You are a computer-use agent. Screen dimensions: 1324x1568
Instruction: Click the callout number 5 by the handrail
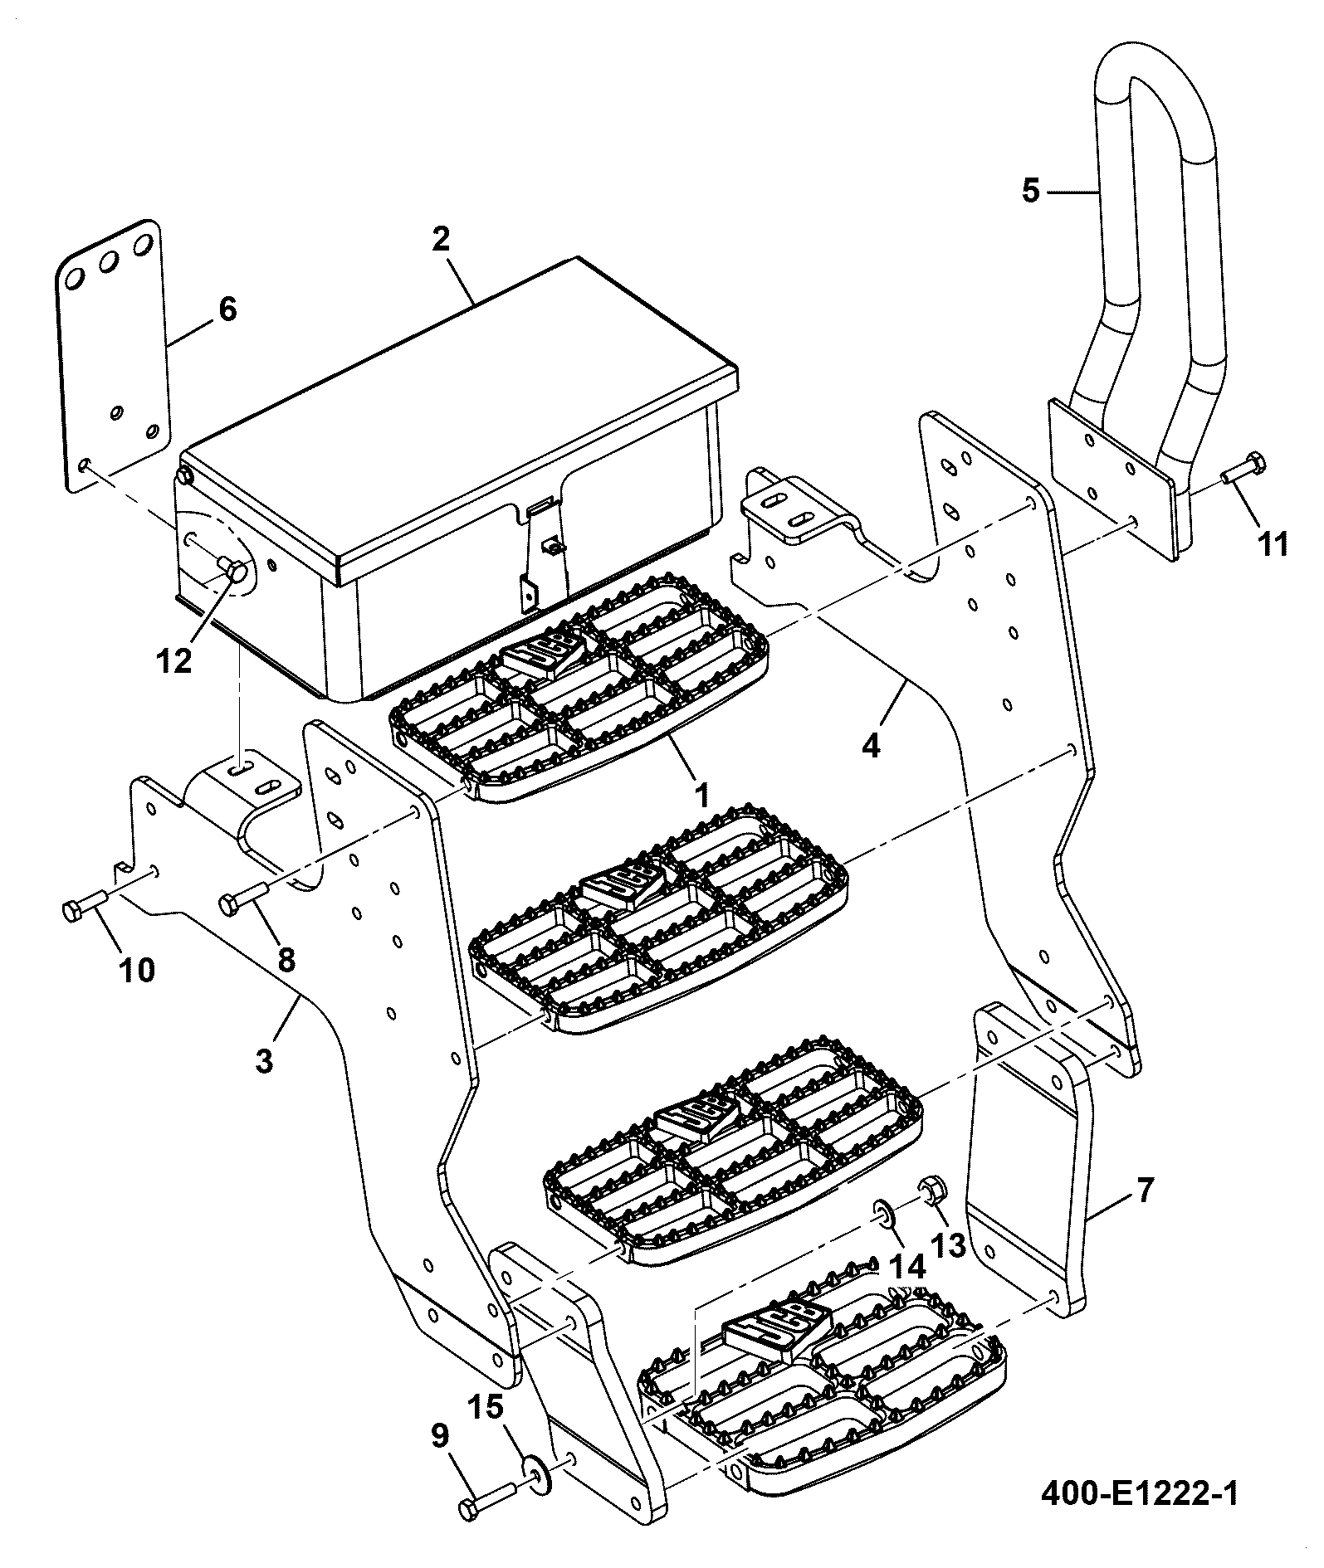(x=1030, y=191)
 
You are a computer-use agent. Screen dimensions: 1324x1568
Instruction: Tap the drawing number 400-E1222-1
(x=1139, y=1494)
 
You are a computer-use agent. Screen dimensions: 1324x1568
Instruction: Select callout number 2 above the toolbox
(x=440, y=239)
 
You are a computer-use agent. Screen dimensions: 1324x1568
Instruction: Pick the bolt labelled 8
(x=242, y=897)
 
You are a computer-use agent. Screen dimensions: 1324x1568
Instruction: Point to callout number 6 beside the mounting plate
(x=227, y=310)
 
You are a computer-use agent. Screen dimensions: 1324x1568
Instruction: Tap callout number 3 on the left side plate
(x=264, y=1060)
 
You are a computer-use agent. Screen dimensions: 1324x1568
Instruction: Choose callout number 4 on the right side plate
(x=870, y=746)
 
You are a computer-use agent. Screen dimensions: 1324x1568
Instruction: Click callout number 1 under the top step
(x=701, y=796)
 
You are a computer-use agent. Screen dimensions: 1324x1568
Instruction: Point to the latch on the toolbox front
(x=539, y=548)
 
